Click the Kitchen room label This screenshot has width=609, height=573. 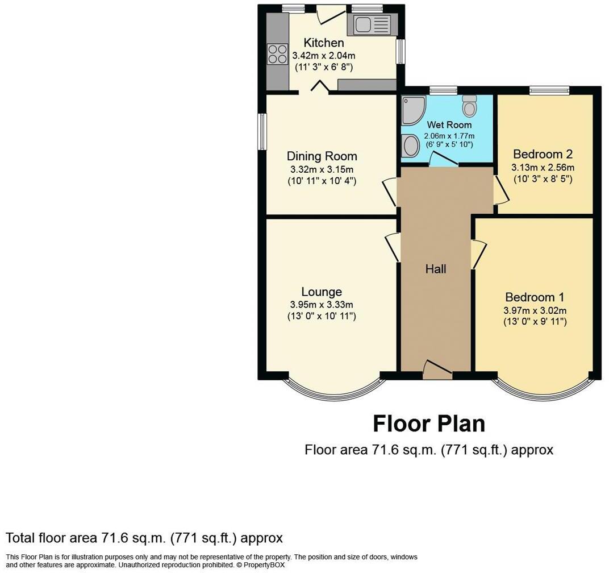pos(323,43)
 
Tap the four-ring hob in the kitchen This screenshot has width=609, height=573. pos(277,54)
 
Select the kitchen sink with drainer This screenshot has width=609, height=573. pos(372,24)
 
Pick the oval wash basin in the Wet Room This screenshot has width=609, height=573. pos(409,147)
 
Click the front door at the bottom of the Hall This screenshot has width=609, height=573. pos(437,371)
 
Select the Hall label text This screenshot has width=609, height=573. pos(436,269)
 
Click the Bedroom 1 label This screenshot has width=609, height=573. pos(534,297)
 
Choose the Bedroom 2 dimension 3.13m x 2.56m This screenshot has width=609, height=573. pos(543,167)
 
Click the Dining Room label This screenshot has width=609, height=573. pos(322,156)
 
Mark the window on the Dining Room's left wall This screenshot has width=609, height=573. pos(262,131)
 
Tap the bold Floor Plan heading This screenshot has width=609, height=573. pos(428,424)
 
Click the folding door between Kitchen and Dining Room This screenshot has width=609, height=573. pos(319,86)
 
